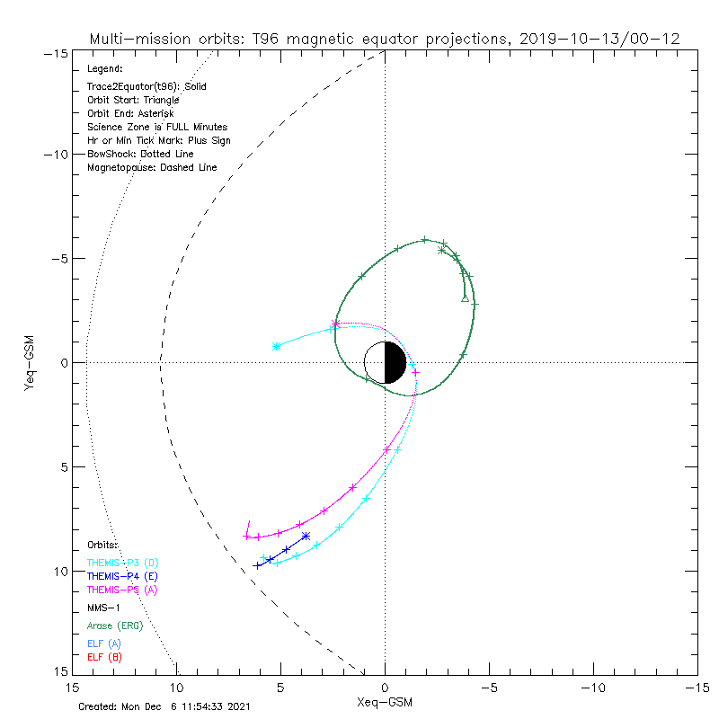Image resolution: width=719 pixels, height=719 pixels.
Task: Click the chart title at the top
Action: point(384,39)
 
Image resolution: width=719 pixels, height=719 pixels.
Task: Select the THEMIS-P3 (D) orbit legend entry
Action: point(122,563)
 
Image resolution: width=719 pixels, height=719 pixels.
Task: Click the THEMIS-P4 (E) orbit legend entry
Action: point(122,576)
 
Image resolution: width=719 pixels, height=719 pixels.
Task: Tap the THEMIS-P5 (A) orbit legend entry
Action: point(122,590)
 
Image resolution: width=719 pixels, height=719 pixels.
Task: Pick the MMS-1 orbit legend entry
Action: point(104,608)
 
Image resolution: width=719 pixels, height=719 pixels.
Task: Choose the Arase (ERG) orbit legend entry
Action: point(114,626)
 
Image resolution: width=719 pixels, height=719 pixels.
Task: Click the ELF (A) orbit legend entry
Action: point(104,644)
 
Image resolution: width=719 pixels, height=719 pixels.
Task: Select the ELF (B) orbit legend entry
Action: point(104,657)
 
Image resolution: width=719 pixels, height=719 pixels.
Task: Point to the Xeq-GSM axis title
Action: point(385,700)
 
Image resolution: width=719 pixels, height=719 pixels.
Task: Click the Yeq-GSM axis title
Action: point(30,362)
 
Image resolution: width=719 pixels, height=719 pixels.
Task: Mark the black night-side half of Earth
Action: point(395,362)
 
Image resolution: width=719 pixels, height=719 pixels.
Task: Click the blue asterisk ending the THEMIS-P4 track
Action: point(306,537)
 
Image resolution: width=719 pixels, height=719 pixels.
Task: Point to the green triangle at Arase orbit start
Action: point(465,297)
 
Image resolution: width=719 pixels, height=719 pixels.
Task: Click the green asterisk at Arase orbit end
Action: point(441,250)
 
